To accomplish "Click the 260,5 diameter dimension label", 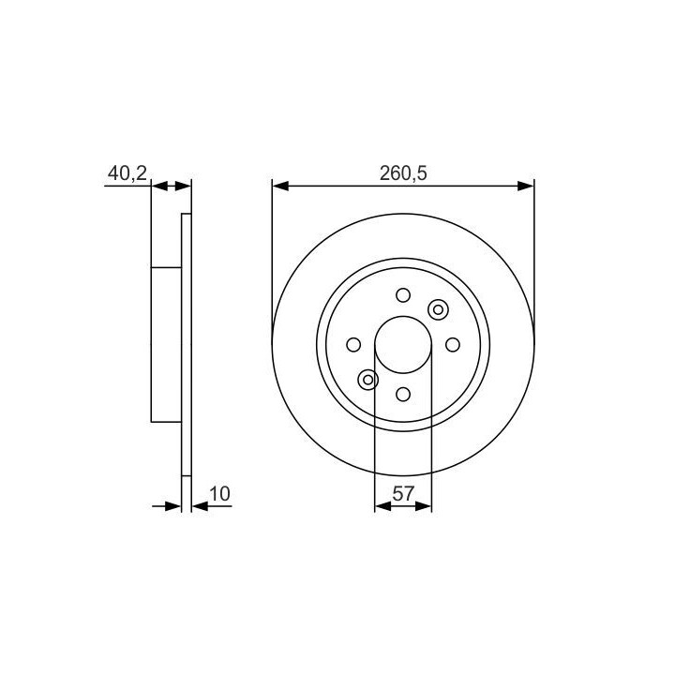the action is tap(403, 173).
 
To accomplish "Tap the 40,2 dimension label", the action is tap(127, 173).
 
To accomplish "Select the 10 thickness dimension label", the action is tap(219, 494).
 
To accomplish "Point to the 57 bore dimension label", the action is tap(403, 494).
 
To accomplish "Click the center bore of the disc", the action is tap(403, 345).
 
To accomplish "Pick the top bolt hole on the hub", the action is tap(403, 295).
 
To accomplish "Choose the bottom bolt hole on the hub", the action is tap(403, 394).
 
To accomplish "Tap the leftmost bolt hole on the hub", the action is tap(353, 345).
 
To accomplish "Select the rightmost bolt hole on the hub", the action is tap(453, 345).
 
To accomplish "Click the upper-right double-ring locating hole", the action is tap(438, 309).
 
